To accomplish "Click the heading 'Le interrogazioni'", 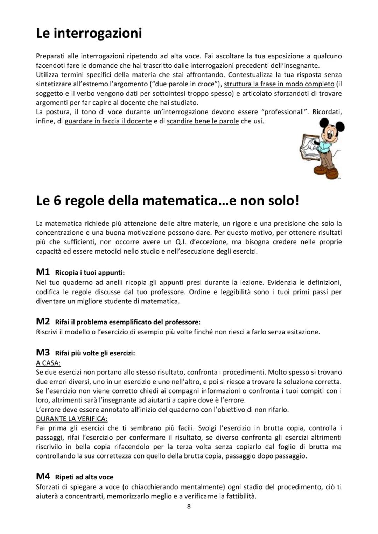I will coord(89,34).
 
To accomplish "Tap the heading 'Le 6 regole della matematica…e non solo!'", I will coord(168,201).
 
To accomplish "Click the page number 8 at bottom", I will coord(189,506).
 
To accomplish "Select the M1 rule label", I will coord(43,272).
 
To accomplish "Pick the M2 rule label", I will coord(43,322).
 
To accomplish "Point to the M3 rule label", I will coord(43,353).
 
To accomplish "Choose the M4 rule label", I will coord(43,476).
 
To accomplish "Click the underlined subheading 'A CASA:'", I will coord(48,363).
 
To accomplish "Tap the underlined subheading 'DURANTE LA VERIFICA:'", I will coord(72,419).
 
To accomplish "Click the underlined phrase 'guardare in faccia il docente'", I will coord(108,121).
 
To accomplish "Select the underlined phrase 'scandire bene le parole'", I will coord(203,121).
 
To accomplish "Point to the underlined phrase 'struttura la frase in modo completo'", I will coord(279,84).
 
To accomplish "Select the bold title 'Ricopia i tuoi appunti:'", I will coord(90,273).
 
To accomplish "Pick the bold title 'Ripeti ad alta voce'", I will coord(84,477).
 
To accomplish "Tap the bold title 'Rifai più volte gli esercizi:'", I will coord(95,353).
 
